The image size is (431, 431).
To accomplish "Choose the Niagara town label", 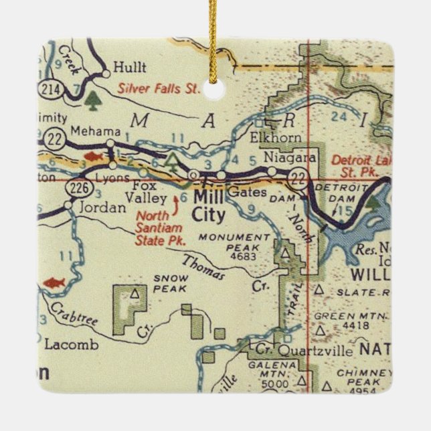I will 290,159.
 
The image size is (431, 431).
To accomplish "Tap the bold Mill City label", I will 209,205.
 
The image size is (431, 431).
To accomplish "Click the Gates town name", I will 242,193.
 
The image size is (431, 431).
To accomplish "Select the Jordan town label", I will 102,207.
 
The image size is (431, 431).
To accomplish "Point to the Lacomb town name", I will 71,345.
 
